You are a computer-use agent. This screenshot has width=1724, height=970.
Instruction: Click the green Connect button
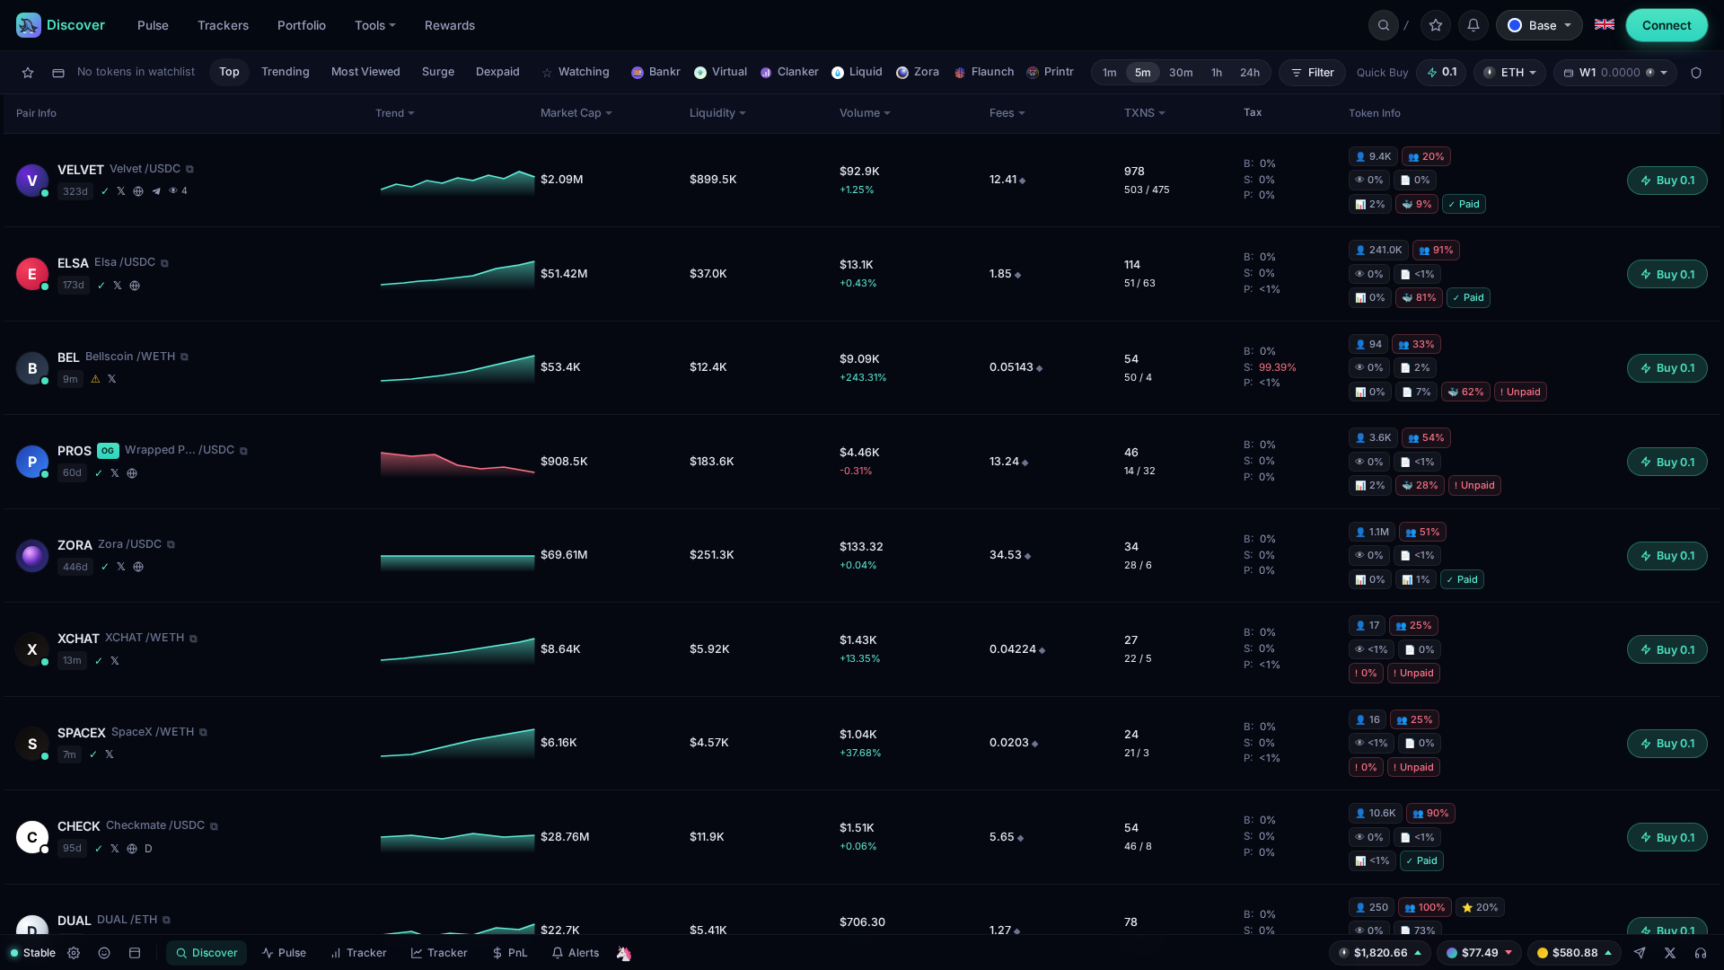click(x=1667, y=25)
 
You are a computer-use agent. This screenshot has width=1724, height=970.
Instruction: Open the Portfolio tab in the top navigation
click(x=302, y=25)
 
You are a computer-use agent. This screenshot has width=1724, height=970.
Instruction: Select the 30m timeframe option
click(x=1181, y=73)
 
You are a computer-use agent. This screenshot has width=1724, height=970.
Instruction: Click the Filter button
click(x=1312, y=73)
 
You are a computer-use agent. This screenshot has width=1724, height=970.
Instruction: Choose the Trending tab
click(x=286, y=72)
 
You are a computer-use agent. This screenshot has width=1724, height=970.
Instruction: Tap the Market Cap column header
click(x=576, y=113)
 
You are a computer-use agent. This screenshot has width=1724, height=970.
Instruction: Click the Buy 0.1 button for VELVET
click(x=1667, y=181)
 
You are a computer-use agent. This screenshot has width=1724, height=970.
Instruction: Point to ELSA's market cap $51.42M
click(x=564, y=274)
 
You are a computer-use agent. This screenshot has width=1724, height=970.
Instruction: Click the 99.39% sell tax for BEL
click(x=1278, y=367)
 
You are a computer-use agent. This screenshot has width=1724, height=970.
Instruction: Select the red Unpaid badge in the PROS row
click(x=1474, y=486)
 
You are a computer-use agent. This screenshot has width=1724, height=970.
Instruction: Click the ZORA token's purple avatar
click(x=32, y=556)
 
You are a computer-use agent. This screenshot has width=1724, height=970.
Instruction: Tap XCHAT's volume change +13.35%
click(x=860, y=659)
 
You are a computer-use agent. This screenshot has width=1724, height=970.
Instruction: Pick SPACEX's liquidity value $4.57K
click(x=709, y=743)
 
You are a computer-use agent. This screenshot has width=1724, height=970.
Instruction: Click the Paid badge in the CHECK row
click(x=1421, y=861)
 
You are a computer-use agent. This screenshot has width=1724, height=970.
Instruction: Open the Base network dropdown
click(x=1539, y=25)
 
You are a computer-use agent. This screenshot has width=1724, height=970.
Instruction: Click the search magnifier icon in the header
click(x=1384, y=25)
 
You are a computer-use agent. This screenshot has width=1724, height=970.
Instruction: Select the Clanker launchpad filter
click(x=789, y=72)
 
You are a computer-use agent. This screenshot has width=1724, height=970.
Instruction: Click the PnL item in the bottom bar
click(x=509, y=953)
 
